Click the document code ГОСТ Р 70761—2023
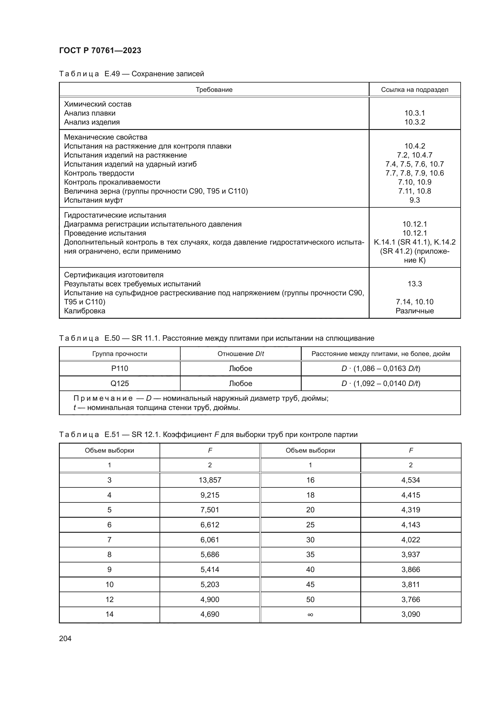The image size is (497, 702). [100, 50]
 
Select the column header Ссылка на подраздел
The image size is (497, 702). [414, 89]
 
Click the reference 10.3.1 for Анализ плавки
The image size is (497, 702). [414, 113]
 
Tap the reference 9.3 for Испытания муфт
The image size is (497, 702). [414, 200]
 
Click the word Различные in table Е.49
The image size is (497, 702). [414, 311]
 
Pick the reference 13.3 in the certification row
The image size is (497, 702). [414, 284]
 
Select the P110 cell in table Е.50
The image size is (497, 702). [119, 369]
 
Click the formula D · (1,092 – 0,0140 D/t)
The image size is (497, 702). [381, 383]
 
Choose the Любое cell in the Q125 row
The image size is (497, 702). [241, 383]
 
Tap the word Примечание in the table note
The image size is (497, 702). [103, 398]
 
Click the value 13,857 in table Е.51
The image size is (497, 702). [210, 480]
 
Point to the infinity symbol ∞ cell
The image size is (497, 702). [310, 615]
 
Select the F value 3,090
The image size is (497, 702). [410, 614]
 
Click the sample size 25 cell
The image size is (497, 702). [310, 525]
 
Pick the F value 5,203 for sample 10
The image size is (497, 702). [210, 585]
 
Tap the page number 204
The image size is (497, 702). [65, 638]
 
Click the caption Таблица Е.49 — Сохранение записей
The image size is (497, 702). [131, 74]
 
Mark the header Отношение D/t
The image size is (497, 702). [241, 354]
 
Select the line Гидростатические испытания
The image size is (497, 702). [115, 215]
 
